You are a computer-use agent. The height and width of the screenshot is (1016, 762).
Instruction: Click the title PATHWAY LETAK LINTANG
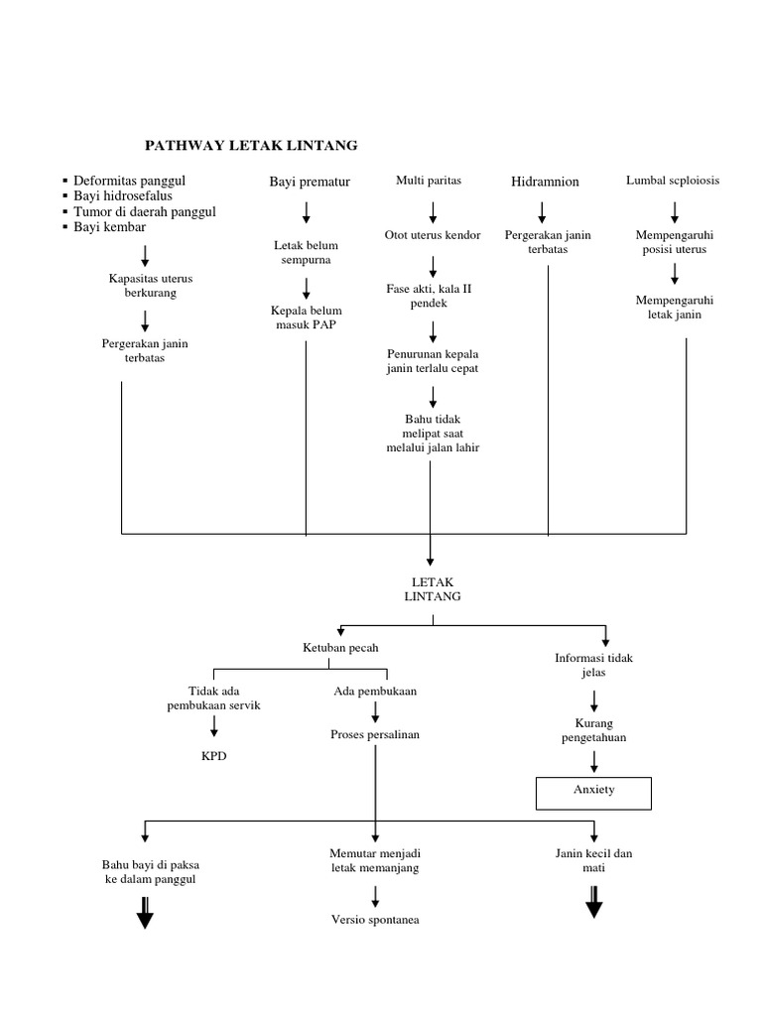coord(251,146)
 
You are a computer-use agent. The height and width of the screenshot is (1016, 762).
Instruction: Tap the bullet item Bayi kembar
coord(110,227)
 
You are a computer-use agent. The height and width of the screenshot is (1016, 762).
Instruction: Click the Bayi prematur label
coord(309,182)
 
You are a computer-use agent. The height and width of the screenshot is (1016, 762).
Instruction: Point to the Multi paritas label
coord(429,181)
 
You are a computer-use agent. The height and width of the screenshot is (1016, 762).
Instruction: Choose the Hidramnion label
coord(545,182)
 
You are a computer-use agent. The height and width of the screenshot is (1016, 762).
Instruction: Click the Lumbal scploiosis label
coord(673,181)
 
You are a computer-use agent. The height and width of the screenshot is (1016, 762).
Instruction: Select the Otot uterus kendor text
coord(433,235)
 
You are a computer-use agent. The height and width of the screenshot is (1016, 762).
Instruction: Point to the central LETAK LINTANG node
coord(433,589)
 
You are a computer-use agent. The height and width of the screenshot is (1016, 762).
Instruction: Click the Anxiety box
coord(594,791)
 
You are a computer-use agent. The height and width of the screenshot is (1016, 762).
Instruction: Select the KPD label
coord(214,755)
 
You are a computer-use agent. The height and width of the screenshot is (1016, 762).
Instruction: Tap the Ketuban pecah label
coord(340,647)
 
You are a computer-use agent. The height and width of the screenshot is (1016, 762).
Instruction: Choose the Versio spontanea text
coord(375,920)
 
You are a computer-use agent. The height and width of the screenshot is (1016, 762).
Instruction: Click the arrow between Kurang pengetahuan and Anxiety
coord(594,761)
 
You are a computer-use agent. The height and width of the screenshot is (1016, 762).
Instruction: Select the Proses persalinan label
coord(375,735)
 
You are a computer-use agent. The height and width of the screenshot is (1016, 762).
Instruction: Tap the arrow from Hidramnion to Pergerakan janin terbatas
coord(543,211)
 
